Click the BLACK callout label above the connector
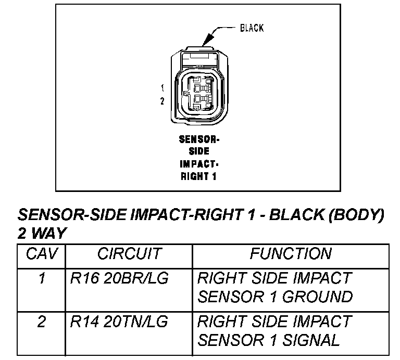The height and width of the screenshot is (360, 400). (252, 28)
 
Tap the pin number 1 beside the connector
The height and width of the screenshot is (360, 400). (162, 88)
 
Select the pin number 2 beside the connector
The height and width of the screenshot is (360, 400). (162, 101)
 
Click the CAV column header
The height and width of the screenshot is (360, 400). (42, 254)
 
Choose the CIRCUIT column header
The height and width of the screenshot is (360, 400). (129, 254)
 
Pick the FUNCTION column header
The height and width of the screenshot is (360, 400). (291, 254)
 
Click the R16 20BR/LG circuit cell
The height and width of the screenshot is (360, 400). (119, 278)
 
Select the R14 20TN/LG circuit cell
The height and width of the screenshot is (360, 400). (119, 322)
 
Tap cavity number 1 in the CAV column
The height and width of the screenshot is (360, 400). (42, 278)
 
